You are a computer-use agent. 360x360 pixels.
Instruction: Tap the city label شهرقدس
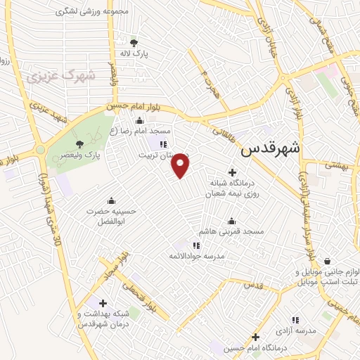pyautogui.click(x=270, y=149)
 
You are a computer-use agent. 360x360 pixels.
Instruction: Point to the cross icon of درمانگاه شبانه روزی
pyautogui.click(x=232, y=172)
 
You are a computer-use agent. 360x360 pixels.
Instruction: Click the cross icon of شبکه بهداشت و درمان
pyautogui.click(x=103, y=303)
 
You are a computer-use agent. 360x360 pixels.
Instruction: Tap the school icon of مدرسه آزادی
pyautogui.click(x=295, y=320)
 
